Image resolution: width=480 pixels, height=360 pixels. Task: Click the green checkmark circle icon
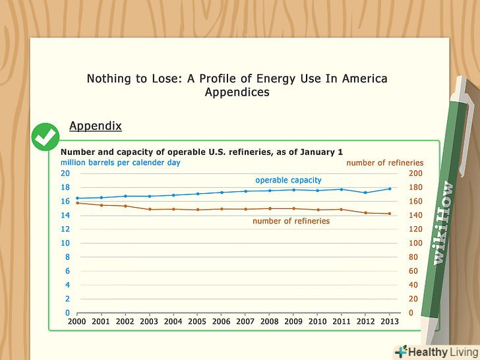coord(45,137)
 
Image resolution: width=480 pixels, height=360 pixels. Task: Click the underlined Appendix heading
coord(95,126)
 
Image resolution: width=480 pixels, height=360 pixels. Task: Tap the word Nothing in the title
coord(109,78)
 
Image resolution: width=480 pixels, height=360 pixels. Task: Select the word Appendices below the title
coord(237,93)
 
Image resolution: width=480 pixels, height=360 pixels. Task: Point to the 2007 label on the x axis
coord(245,321)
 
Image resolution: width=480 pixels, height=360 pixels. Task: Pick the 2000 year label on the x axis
coord(77,321)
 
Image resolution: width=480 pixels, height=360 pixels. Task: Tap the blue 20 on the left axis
coord(65,173)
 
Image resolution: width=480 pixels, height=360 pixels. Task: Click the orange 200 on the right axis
coord(417,173)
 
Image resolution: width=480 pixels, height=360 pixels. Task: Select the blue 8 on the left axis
coord(67,257)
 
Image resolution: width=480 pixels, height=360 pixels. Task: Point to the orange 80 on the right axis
coord(414,257)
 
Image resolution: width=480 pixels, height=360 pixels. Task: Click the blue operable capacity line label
coord(288,180)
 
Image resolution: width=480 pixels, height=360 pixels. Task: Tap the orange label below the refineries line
coord(291,221)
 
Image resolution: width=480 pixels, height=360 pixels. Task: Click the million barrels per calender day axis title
coord(120,162)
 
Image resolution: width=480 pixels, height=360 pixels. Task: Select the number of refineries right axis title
coord(384,162)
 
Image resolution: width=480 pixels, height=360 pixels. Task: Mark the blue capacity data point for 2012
coord(366,193)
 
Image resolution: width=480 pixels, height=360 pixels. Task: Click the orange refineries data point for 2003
coord(150,209)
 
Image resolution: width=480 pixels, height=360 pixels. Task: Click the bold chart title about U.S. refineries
coord(202,152)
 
